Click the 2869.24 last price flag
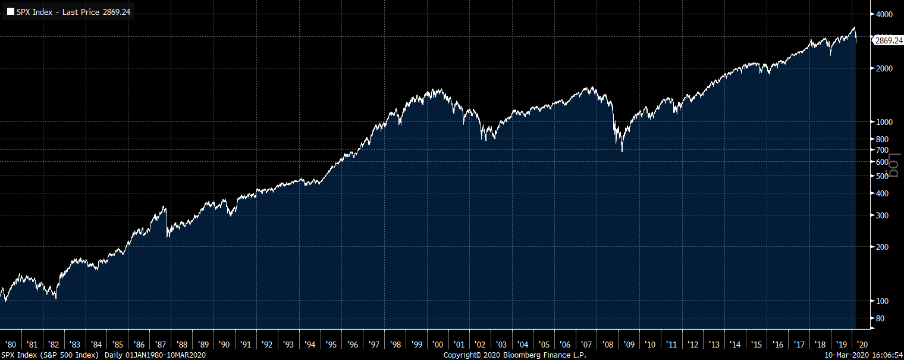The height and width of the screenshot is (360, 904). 889,40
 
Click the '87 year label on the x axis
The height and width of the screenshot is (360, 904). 160,345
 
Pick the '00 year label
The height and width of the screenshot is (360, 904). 438,345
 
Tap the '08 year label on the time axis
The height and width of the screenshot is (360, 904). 608,345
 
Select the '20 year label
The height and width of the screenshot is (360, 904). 863,345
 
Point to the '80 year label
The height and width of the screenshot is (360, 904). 11,345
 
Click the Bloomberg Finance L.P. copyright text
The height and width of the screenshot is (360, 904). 514,355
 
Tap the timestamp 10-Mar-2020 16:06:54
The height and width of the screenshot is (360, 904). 867,355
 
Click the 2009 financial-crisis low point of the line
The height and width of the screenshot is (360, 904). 622,152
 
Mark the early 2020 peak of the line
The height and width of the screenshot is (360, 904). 854,27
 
